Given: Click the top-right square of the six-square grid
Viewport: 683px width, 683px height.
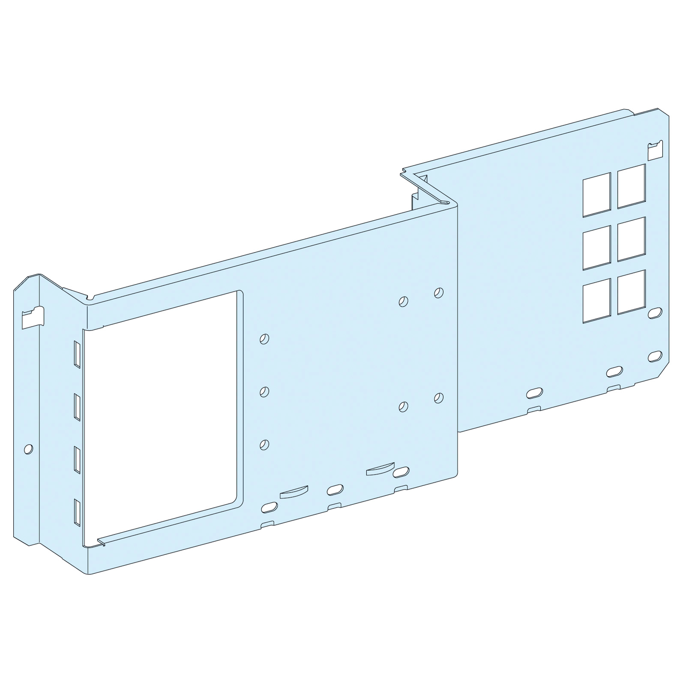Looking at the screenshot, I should pyautogui.click(x=631, y=186).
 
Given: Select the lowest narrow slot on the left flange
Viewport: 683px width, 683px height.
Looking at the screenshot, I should pyautogui.click(x=77, y=513).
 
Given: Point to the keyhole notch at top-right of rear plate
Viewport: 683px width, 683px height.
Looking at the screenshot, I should pyautogui.click(x=655, y=150).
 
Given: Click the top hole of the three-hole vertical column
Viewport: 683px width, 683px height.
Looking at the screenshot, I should pyautogui.click(x=264, y=338).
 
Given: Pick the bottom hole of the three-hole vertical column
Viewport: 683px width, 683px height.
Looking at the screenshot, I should pyautogui.click(x=264, y=444).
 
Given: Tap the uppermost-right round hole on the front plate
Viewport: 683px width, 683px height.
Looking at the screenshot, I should pyautogui.click(x=439, y=293).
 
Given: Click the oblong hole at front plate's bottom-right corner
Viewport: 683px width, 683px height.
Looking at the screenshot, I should pyautogui.click(x=401, y=471).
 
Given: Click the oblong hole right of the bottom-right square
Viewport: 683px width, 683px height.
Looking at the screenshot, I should pyautogui.click(x=655, y=313).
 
